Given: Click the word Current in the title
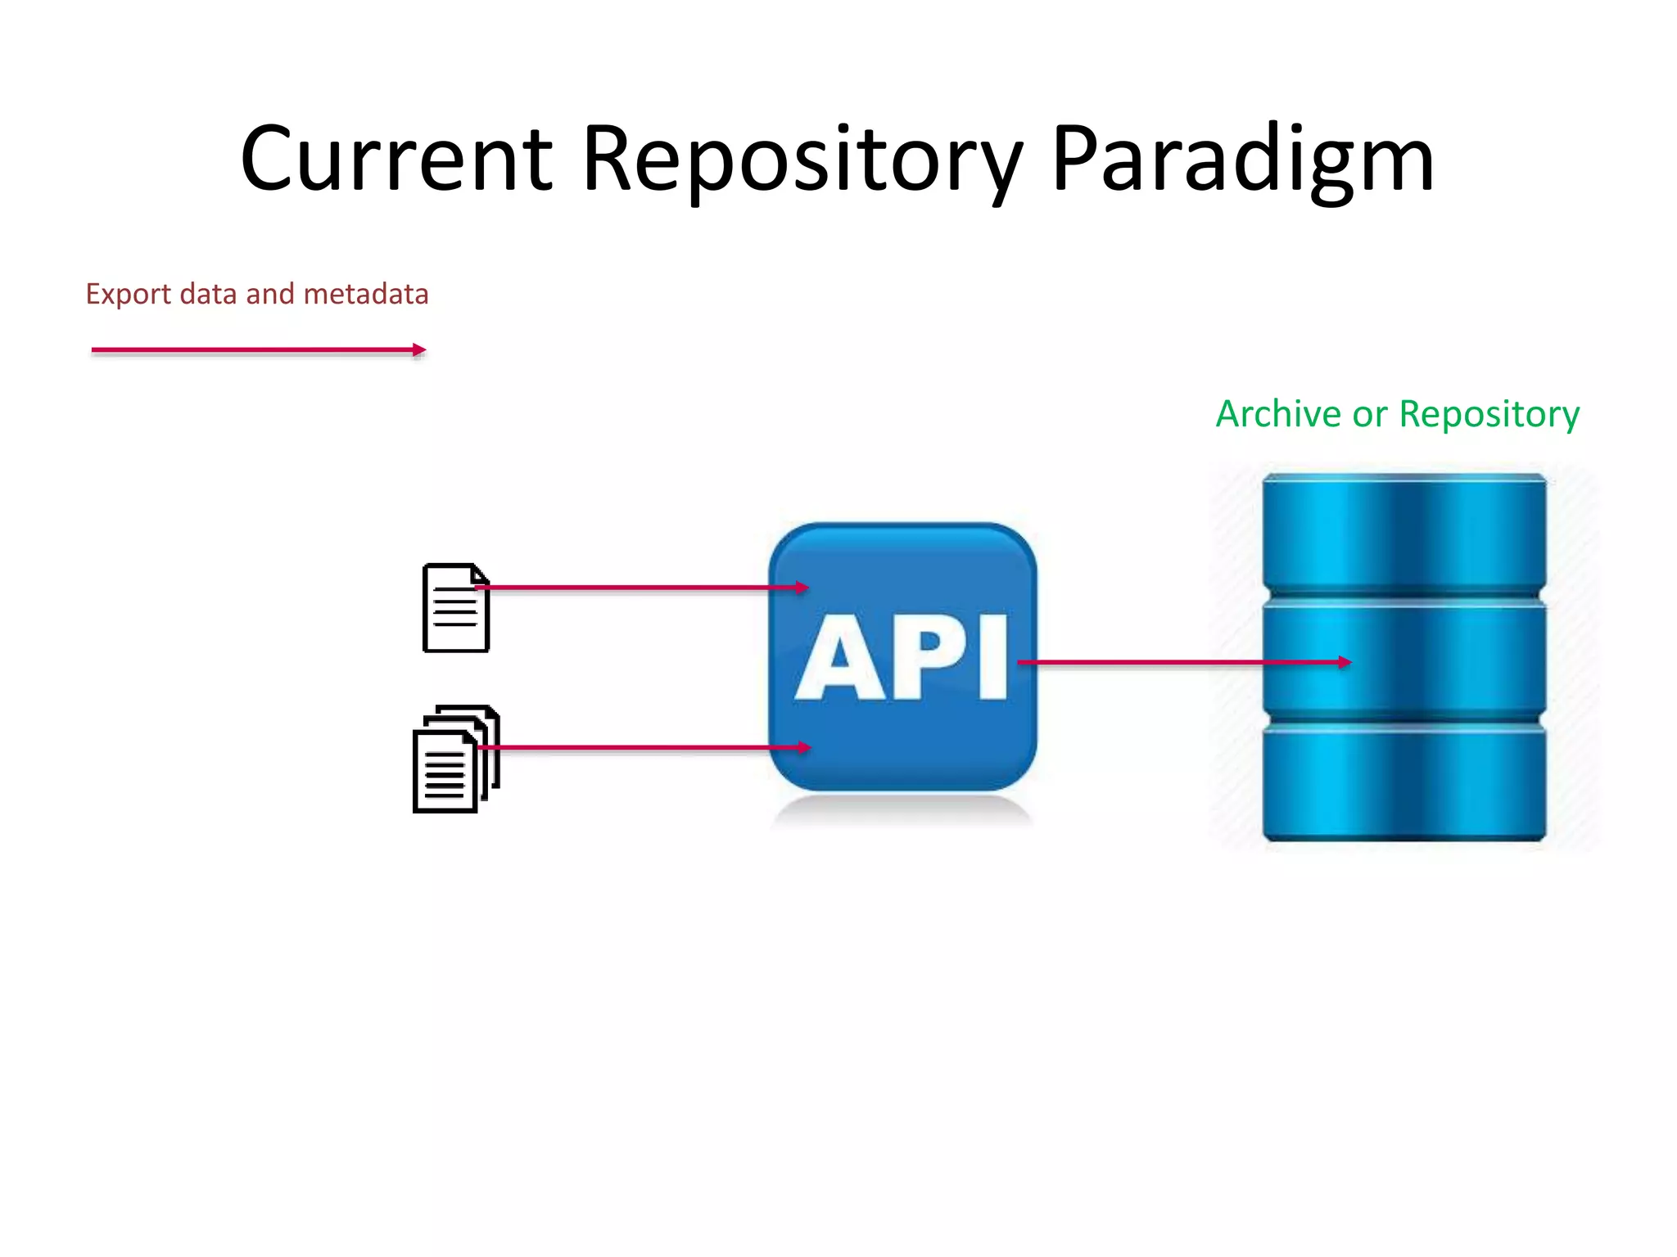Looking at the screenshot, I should point(396,160).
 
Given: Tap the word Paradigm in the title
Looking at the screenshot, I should point(1242,160).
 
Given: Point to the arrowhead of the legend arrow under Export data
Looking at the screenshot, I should point(419,350).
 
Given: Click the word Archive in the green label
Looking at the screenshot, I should point(1277,414).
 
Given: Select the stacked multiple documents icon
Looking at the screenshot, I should point(454,759).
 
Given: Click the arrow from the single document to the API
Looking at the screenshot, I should point(639,588).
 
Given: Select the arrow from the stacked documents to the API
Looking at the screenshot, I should point(639,747).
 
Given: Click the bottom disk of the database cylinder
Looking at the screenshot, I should point(1404,782).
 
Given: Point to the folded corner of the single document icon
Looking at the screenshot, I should point(481,574).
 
